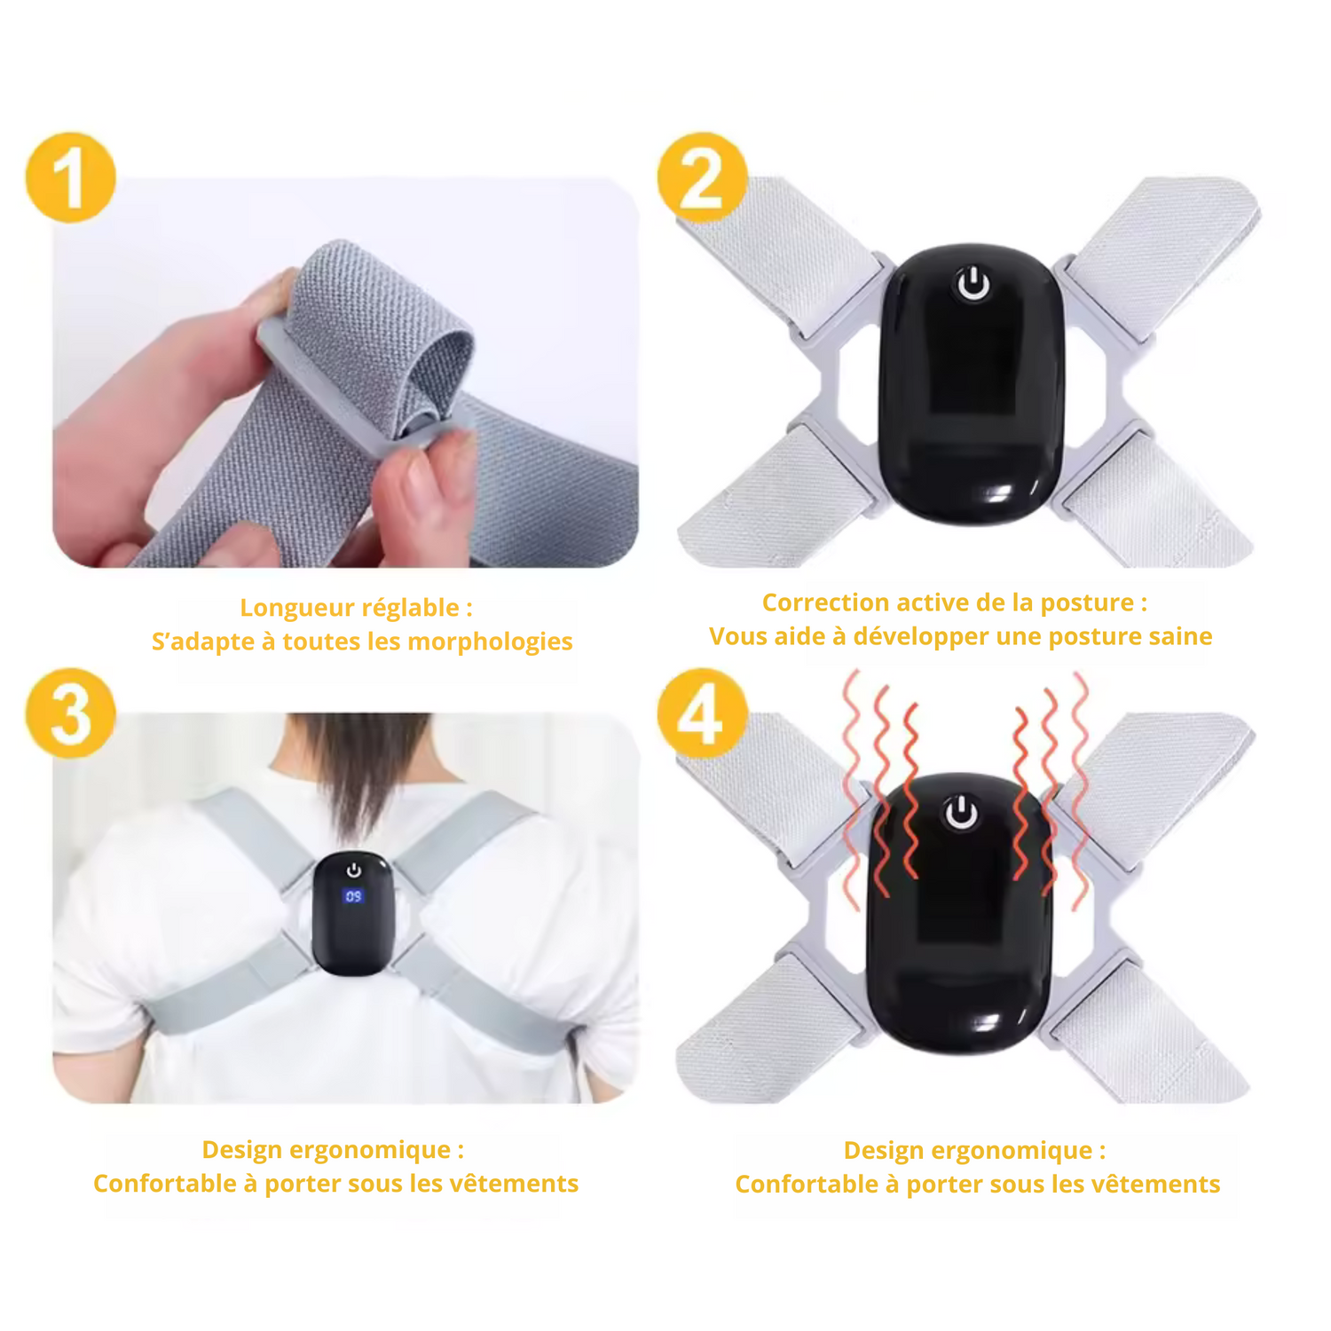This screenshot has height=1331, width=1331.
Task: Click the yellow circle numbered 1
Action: [x=71, y=177]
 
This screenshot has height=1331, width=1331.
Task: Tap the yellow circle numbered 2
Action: [x=703, y=177]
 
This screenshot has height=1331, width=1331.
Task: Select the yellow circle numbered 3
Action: [x=71, y=713]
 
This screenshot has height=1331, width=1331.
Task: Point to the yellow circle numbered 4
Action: [x=703, y=713]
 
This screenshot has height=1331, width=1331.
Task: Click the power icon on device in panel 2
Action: [x=973, y=286]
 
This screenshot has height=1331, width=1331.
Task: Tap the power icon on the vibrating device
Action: [x=960, y=813]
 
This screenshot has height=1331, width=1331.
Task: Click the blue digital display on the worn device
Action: [x=353, y=896]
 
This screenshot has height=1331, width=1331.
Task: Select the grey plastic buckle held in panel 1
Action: [x=364, y=390]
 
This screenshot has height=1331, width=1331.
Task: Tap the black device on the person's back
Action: [x=353, y=914]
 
